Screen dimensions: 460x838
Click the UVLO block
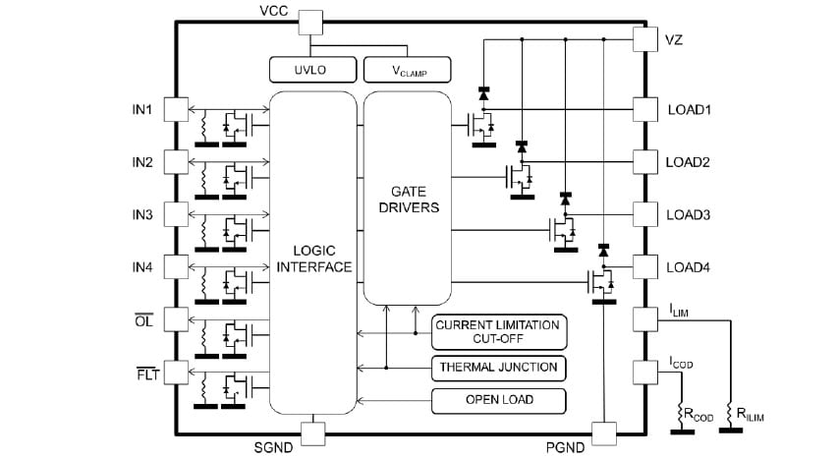[x=310, y=69]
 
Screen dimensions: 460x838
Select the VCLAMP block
[x=407, y=69]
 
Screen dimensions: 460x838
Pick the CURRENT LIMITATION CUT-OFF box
[x=498, y=331]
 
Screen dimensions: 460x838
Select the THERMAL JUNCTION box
[x=498, y=368]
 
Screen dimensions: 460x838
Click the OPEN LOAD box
[x=498, y=400]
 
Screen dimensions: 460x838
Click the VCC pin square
[x=310, y=23]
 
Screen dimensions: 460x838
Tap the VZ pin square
[x=644, y=38]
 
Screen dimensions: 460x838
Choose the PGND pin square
[x=603, y=431]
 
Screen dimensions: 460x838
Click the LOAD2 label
[x=689, y=162]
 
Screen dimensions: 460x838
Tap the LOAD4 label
[x=689, y=267]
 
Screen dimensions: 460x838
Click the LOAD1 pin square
[x=644, y=109]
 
